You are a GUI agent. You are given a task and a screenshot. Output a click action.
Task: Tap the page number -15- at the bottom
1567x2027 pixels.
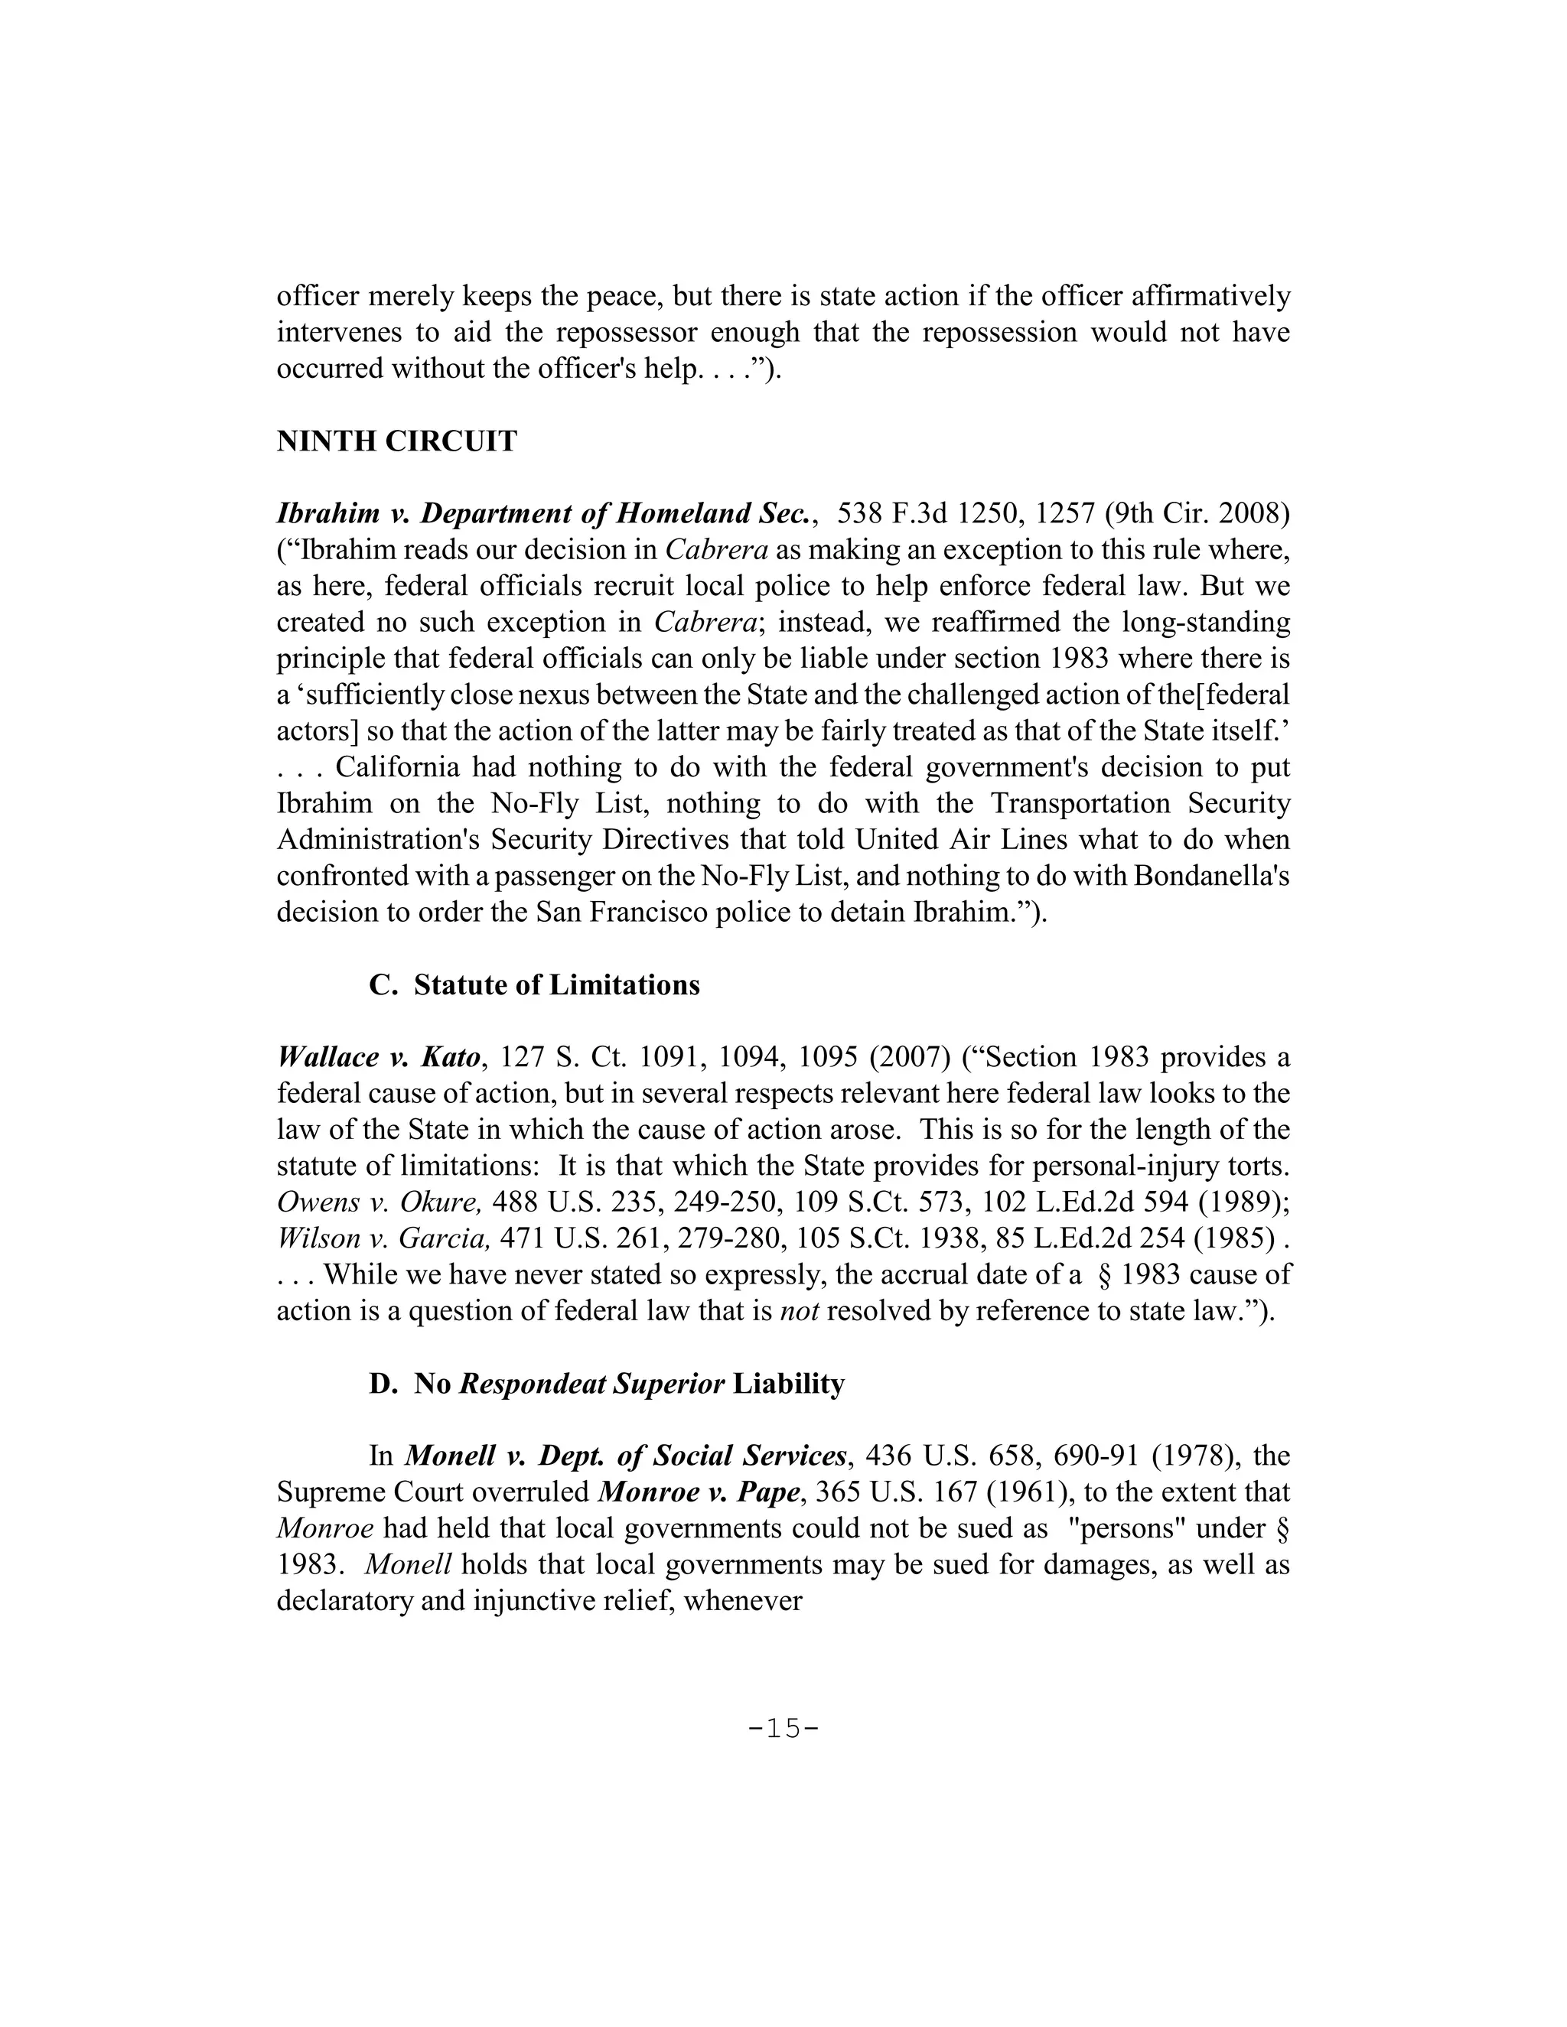tap(783, 1728)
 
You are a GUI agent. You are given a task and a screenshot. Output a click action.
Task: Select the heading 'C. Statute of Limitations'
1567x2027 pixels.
tap(534, 984)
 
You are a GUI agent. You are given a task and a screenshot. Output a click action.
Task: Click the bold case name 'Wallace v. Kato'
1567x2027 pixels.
tap(379, 1057)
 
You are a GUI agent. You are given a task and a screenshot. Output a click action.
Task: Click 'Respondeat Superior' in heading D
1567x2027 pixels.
tap(592, 1384)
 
